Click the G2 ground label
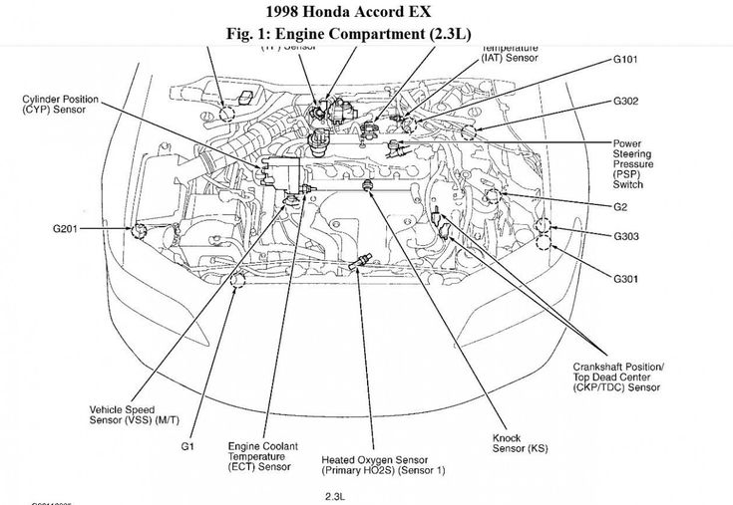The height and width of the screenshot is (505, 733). [x=621, y=208]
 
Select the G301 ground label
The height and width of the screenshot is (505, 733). [x=628, y=276]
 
